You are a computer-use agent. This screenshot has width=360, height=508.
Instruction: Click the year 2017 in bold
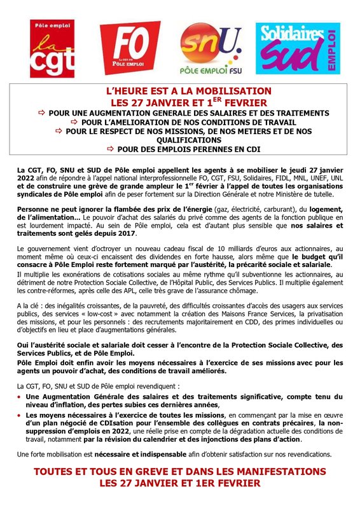[136, 233]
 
